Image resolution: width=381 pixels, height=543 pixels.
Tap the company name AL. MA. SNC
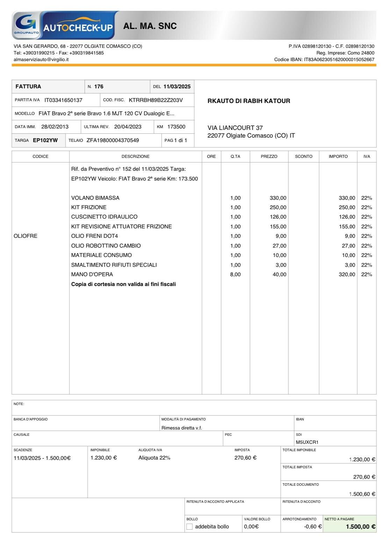coord(150,26)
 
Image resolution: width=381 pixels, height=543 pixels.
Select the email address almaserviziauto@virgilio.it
coord(41,59)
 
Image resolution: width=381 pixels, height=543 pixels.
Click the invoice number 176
coord(99,87)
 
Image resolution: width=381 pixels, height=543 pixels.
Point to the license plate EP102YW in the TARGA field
coord(45,140)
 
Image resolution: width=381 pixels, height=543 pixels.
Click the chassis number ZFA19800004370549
coord(113,140)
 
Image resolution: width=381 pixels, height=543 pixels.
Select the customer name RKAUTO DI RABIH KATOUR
coord(249,101)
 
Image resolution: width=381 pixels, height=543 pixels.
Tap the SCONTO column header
coord(303,156)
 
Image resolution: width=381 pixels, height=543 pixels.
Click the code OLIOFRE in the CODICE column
coord(25,236)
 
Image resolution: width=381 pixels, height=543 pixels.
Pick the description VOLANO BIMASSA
coord(95,198)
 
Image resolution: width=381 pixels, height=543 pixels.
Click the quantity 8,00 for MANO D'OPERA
coord(235,274)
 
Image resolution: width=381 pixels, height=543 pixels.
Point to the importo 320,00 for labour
coord(347,274)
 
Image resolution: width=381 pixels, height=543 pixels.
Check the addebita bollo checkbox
coord(189,527)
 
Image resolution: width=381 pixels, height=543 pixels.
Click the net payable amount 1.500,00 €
coord(361,527)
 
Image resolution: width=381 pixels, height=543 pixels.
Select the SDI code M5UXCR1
coord(307,442)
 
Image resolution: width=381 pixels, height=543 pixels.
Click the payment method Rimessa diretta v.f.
coord(182,428)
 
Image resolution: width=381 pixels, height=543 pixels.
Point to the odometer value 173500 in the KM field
coord(176,127)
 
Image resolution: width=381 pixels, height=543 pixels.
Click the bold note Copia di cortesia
coord(123,284)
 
